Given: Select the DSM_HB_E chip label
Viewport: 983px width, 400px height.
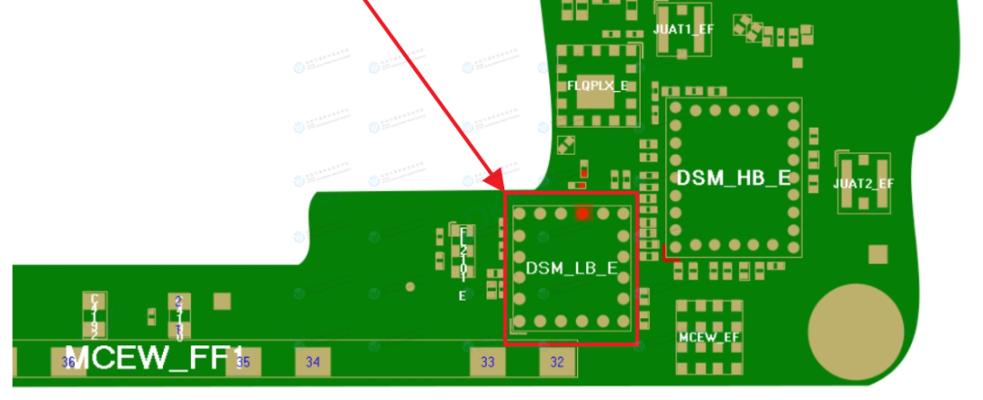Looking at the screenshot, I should pos(733,179).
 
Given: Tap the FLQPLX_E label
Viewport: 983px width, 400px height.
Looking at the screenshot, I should pos(597,85).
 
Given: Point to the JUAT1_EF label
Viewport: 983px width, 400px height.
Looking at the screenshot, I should pos(684,29).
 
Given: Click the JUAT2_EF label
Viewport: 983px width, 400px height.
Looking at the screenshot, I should pos(863,183).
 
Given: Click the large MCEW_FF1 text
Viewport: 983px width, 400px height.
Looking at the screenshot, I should pos(155,357).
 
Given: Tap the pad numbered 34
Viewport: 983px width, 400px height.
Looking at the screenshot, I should pos(313,362).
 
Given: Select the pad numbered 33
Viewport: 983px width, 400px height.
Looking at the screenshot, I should pos(488,362).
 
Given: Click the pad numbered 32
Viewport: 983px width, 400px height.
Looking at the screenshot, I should pos(557,362).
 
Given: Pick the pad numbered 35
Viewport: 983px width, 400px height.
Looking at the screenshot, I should pos(243,362).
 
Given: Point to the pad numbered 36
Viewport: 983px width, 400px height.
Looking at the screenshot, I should pos(68,362).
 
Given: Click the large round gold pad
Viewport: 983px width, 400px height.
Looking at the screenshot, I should pos(856,326).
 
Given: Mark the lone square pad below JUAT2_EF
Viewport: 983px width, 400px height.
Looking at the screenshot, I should pos(877,253).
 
